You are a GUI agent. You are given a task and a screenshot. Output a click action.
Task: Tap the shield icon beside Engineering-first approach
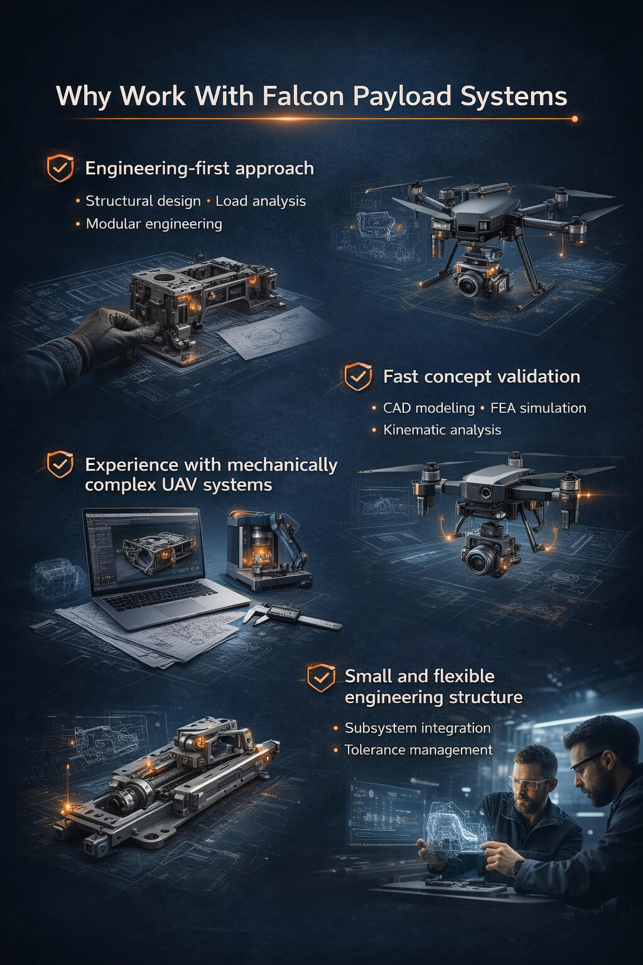pyautogui.click(x=60, y=168)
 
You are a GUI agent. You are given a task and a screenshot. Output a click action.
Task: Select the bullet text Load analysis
pyautogui.click(x=261, y=201)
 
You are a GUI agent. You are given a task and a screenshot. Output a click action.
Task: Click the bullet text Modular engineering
pyautogui.click(x=154, y=224)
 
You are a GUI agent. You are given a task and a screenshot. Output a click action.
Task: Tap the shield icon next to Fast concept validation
pyautogui.click(x=358, y=376)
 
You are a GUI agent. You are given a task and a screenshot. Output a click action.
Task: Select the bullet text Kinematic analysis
pyautogui.click(x=442, y=430)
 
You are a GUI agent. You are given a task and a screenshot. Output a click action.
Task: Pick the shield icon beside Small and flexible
pyautogui.click(x=321, y=677)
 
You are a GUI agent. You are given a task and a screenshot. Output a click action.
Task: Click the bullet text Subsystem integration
pyautogui.click(x=418, y=728)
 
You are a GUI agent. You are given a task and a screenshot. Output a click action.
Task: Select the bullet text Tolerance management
pyautogui.click(x=418, y=750)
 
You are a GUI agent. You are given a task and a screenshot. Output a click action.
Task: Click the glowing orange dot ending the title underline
pyautogui.click(x=574, y=119)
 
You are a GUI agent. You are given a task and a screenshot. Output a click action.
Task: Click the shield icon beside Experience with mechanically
pyautogui.click(x=60, y=464)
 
